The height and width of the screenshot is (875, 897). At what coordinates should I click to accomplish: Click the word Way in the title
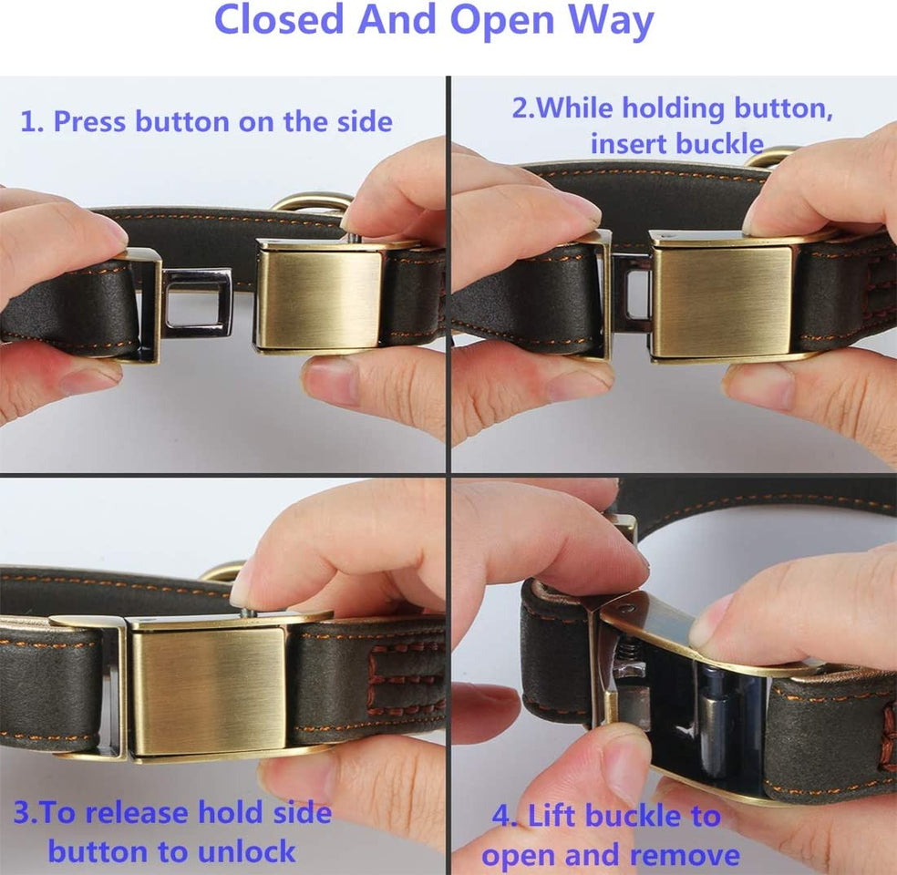[606, 20]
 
